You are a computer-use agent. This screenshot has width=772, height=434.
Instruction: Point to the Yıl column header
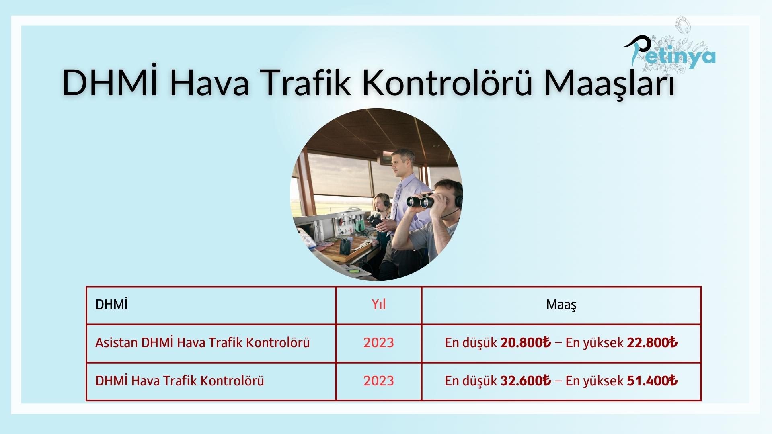point(378,305)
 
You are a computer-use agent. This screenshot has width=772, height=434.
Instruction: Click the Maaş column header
point(561,305)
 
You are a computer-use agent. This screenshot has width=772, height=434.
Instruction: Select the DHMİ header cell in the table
point(111,305)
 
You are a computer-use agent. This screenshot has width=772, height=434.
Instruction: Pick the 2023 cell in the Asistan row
point(378,343)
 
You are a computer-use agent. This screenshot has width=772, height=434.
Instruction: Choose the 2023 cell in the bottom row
point(378,381)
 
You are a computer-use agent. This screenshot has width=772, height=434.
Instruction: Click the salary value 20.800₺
point(526,343)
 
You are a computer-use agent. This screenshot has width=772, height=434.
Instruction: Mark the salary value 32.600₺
point(526,381)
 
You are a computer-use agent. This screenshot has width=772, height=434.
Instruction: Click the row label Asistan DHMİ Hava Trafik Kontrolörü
point(202,343)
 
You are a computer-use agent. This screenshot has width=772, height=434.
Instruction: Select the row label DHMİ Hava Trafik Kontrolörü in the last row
point(179,381)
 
